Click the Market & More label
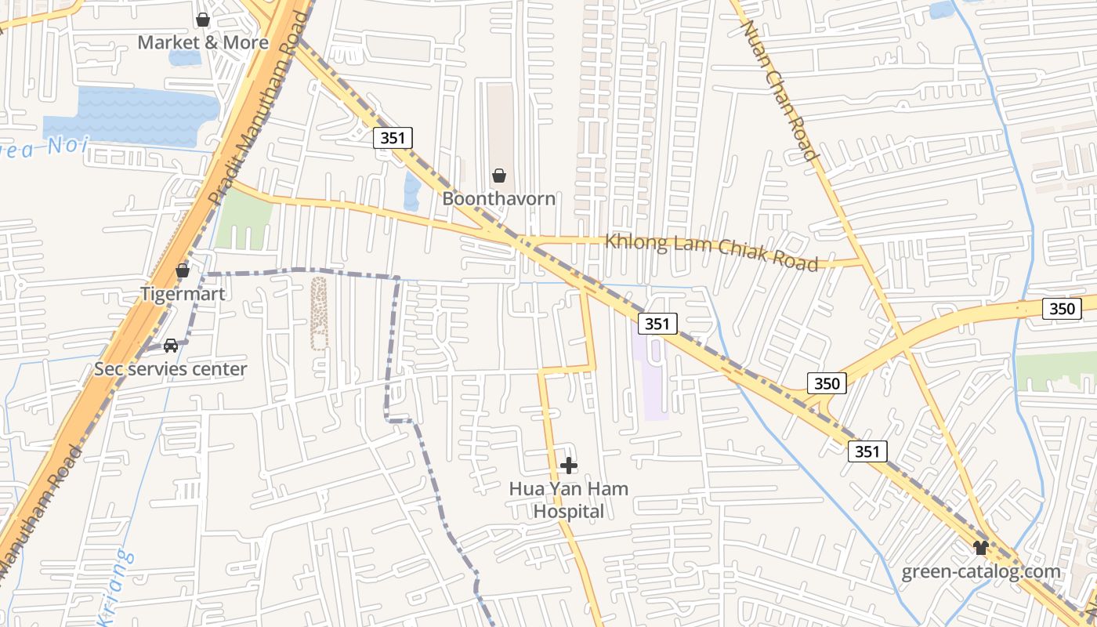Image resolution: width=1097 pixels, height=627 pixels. tap(203, 42)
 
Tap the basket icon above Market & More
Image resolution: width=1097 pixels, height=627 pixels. tap(203, 20)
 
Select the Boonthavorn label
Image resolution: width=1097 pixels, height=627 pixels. tap(499, 198)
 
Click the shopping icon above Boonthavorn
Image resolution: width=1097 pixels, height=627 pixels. tap(499, 176)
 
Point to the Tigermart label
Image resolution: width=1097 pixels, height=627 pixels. tap(183, 294)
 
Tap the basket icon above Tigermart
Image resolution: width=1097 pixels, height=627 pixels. tap(183, 271)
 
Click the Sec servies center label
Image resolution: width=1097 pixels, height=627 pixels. tap(171, 368)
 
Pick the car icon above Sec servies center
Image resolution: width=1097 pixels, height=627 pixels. tap(171, 346)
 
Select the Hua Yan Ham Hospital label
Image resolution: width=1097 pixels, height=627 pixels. tap(569, 500)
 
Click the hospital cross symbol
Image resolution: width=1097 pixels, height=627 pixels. tap(569, 466)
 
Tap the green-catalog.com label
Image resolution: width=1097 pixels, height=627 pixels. tap(981, 571)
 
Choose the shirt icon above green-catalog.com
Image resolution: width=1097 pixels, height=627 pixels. tap(980, 547)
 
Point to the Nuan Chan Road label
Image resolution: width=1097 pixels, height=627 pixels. tap(780, 90)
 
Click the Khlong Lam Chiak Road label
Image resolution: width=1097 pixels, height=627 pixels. tap(711, 252)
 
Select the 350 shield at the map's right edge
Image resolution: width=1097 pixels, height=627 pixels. tap(1062, 309)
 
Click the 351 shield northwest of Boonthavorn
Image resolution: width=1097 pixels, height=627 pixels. tap(393, 139)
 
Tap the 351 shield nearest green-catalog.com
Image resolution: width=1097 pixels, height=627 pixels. tap(867, 451)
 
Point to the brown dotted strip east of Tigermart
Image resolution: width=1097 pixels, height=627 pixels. tap(319, 313)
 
